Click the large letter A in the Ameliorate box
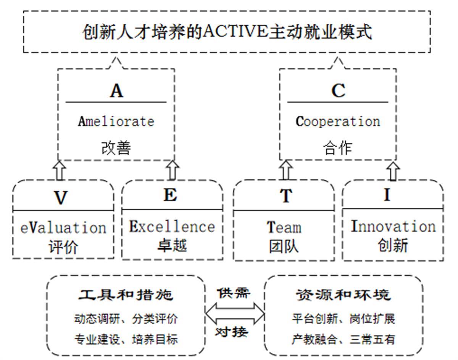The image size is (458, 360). [x=116, y=91]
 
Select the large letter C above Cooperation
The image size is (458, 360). [x=338, y=91]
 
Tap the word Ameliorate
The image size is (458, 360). [x=116, y=121]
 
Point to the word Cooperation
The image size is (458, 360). [x=338, y=121]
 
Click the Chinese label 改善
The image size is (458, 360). [x=116, y=147]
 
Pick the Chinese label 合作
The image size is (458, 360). [x=337, y=147]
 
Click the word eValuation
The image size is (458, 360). [x=63, y=228]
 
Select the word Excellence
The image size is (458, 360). [x=172, y=226]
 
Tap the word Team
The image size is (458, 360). [x=284, y=228]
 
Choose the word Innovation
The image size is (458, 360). [x=393, y=226]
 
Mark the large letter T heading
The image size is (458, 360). [x=285, y=196]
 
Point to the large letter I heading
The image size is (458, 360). [x=387, y=195]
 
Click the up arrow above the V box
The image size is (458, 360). [x=60, y=170]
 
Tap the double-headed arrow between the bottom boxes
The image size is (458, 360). [x=235, y=313]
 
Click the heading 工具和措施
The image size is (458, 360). [x=126, y=295]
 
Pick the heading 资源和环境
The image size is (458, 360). [x=343, y=295]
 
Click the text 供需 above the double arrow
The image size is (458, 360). [x=234, y=293]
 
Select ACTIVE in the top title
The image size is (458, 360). [x=233, y=32]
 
